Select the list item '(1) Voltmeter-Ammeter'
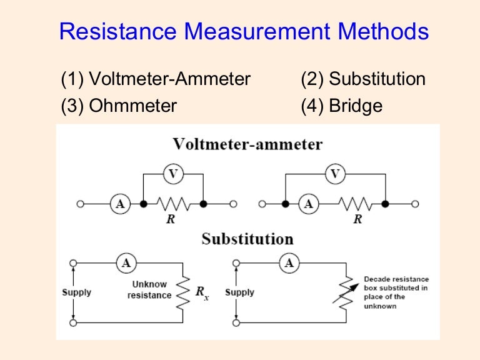[x=156, y=79]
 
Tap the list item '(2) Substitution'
[x=362, y=79]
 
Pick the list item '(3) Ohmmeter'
[x=119, y=106]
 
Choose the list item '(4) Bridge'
[x=341, y=106]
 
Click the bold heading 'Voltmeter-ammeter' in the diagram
[x=247, y=144]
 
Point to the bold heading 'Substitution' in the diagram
[x=247, y=239]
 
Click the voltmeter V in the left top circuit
[x=173, y=174]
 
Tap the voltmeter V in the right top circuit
[x=336, y=174]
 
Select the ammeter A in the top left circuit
[x=119, y=204]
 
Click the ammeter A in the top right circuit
[x=307, y=204]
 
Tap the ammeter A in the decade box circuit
[x=289, y=264]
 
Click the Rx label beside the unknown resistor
[x=202, y=292]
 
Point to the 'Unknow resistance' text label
[x=149, y=289]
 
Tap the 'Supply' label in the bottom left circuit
[x=76, y=292]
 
